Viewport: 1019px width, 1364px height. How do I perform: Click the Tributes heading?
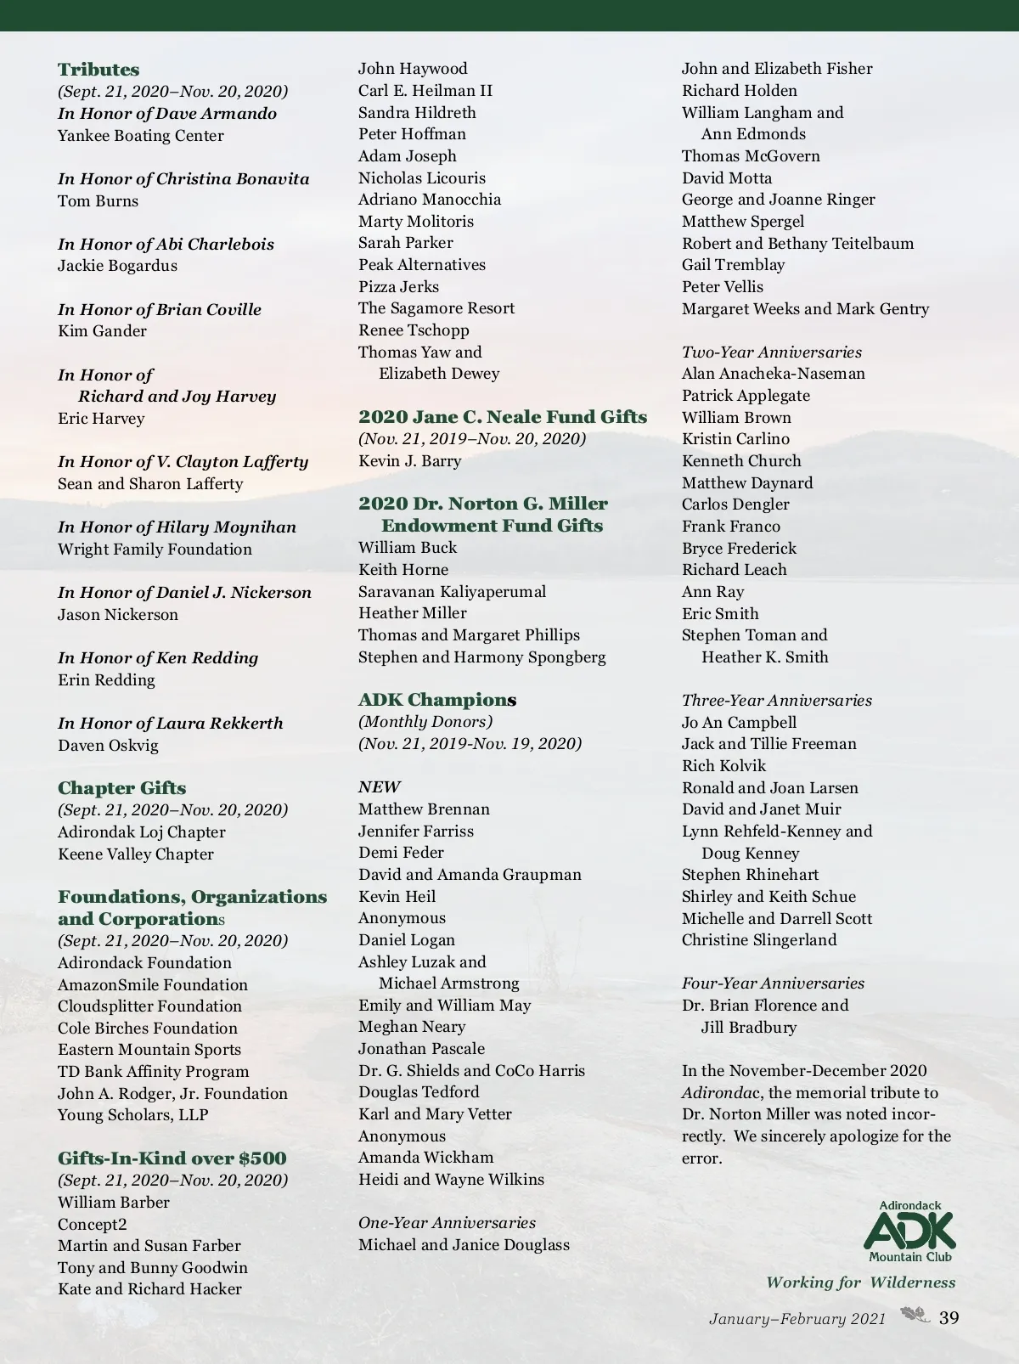[x=99, y=70]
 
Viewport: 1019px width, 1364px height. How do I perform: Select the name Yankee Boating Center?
[x=141, y=136]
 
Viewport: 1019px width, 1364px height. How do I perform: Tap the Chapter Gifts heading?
[x=121, y=788]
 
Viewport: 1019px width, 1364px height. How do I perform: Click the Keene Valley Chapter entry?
[x=136, y=854]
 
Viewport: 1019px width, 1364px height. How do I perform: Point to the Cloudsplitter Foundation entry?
[x=149, y=1006]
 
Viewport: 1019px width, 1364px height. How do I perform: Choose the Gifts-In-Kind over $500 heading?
[x=172, y=1158]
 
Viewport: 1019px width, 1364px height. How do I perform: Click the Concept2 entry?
[x=93, y=1225]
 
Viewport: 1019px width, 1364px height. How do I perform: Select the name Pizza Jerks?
[x=398, y=287]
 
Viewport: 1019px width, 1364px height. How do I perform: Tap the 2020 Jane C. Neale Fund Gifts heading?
[x=503, y=417]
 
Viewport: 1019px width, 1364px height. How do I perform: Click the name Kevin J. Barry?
[x=409, y=461]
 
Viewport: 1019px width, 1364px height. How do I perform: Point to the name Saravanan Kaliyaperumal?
[x=452, y=592]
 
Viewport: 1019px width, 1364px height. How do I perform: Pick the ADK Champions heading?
[x=437, y=700]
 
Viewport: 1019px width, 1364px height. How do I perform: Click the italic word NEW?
[x=380, y=787]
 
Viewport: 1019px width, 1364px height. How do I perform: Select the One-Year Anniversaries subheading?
[x=447, y=1223]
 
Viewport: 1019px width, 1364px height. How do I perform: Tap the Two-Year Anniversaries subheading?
[x=771, y=352]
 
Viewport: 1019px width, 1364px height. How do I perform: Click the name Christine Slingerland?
[x=759, y=940]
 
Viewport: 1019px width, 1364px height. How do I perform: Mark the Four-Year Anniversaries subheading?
[x=773, y=984]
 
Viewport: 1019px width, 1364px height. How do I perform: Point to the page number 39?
[x=949, y=1318]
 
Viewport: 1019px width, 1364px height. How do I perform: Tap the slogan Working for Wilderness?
[x=860, y=1283]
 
